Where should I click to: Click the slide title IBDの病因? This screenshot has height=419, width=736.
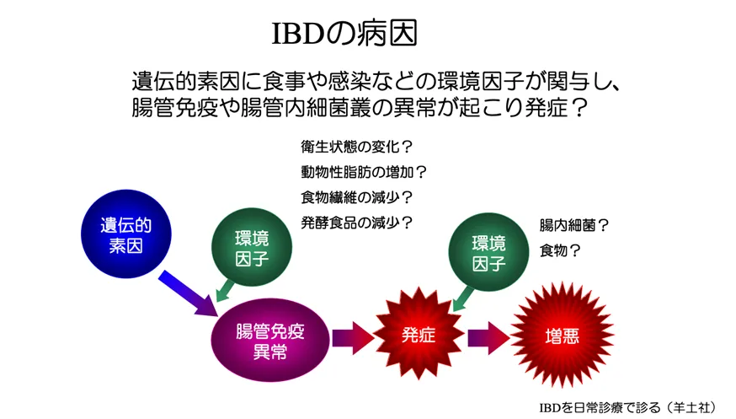pos(344,34)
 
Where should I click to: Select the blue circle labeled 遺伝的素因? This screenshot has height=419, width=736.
pos(125,234)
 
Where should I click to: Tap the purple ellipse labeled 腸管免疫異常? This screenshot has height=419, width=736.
pos(270,340)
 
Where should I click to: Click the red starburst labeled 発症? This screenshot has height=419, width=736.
pos(418,334)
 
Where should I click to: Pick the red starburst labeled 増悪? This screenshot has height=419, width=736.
pos(562,336)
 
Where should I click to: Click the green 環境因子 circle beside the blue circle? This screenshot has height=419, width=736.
pos(252,248)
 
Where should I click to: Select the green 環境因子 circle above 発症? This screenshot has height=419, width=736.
pos(488,252)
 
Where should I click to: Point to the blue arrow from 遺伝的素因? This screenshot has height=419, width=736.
pos(188,293)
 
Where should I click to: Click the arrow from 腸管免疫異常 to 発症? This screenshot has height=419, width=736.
pos(353,338)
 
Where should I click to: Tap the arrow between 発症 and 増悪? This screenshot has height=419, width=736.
pos(489,338)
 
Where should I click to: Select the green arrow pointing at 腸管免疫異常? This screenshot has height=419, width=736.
pos(225,291)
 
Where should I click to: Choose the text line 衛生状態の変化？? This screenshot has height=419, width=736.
pos(357,147)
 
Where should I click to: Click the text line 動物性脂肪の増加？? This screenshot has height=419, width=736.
pos(364,172)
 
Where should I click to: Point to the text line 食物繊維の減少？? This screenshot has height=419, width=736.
pos(357,197)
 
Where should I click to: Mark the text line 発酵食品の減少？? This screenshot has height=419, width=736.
pos(357,223)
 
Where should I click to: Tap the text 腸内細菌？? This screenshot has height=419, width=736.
pos(574,225)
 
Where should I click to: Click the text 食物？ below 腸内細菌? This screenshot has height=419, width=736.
pos(560,250)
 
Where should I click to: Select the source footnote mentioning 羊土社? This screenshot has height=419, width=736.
pos(628,407)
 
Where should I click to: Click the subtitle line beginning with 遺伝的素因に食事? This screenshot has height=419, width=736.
pos(376,81)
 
